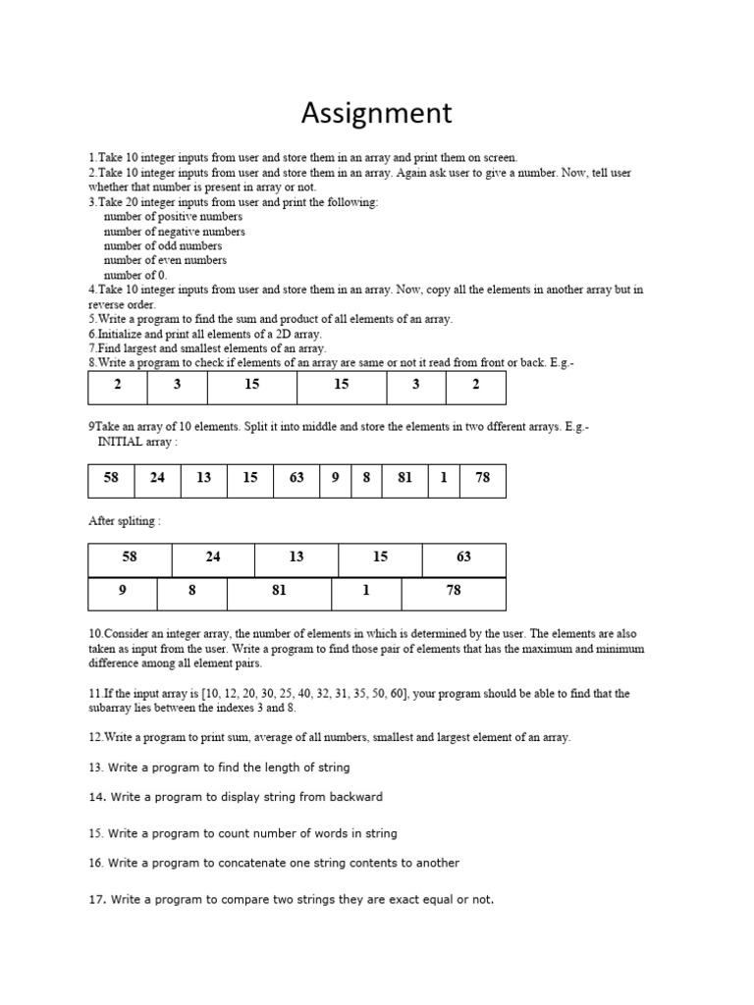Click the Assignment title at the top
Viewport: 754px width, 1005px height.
(x=376, y=113)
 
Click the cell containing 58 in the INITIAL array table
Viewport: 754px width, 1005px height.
(x=110, y=479)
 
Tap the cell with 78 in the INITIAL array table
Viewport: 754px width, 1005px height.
(x=482, y=479)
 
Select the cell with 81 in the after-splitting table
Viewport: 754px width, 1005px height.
(x=279, y=591)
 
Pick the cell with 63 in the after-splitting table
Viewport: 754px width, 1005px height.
(x=463, y=557)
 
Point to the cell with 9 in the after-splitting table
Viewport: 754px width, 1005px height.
(x=122, y=591)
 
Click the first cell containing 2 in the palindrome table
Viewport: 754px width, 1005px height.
(x=118, y=385)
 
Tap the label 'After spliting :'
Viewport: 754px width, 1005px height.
(x=125, y=521)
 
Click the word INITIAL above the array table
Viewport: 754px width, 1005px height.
(x=121, y=442)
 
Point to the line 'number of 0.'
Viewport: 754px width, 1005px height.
(x=135, y=275)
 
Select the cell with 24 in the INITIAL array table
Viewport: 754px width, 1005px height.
(x=157, y=479)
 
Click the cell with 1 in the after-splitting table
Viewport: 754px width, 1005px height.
(x=366, y=591)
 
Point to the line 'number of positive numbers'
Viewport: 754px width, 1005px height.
(x=173, y=216)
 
